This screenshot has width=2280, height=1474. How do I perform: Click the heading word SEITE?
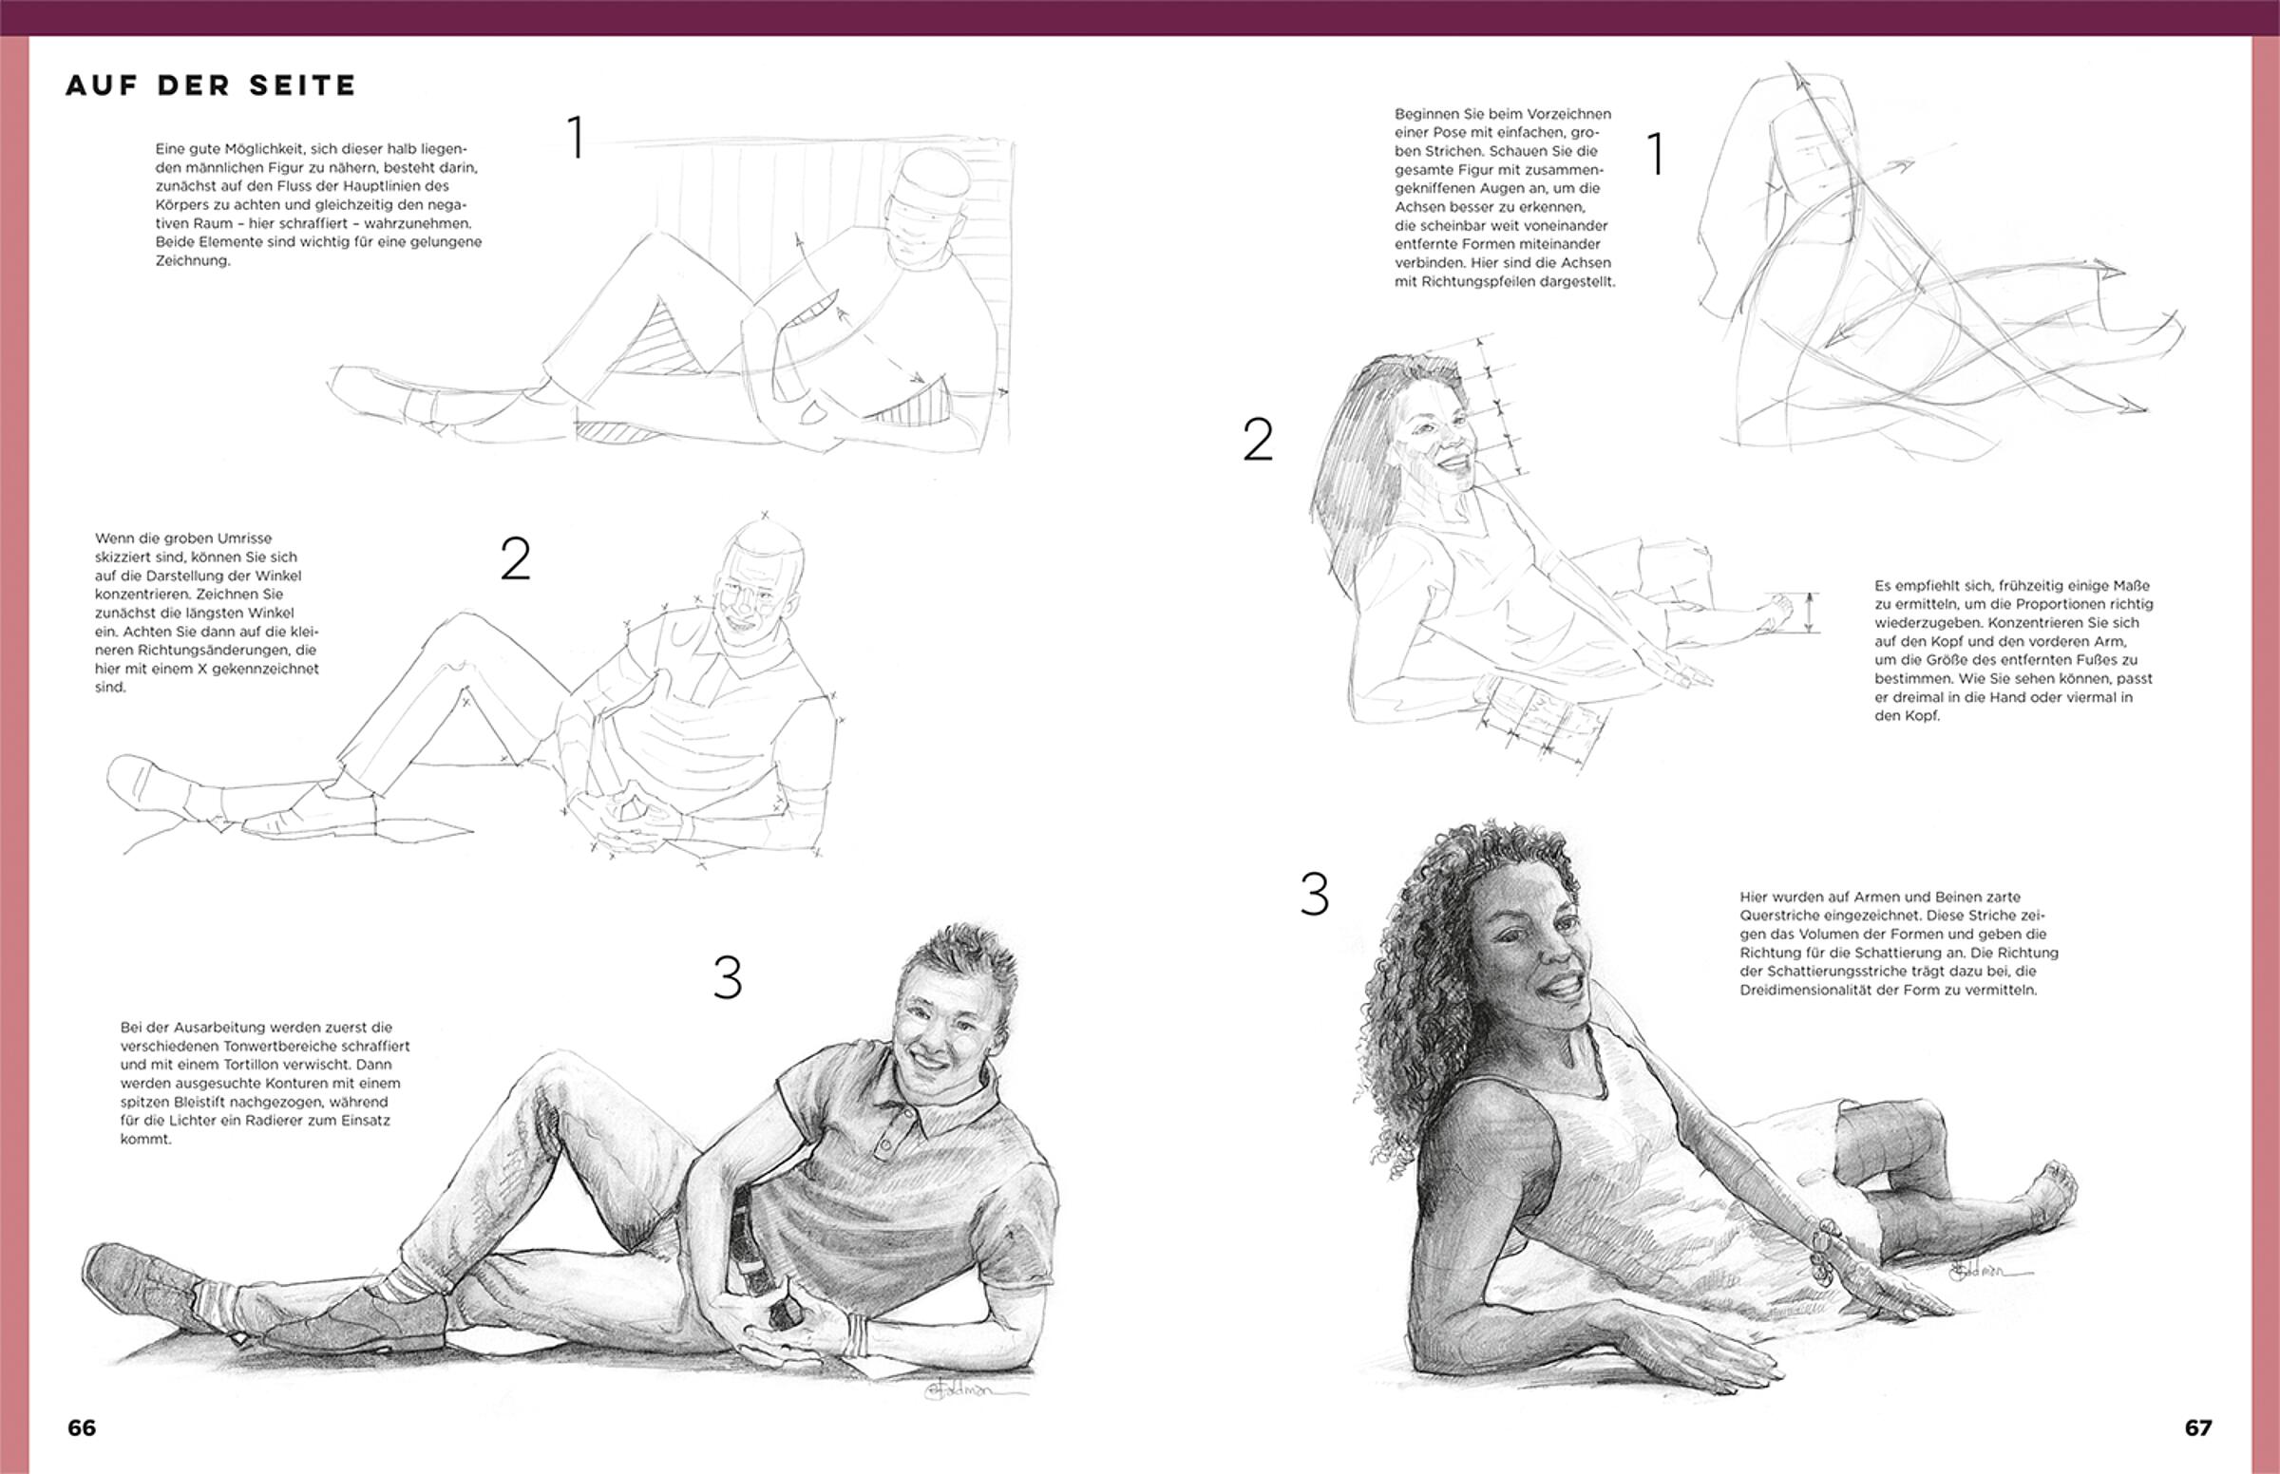[302, 86]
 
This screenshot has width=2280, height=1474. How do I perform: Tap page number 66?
[82, 1427]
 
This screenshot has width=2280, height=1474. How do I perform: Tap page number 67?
[2198, 1427]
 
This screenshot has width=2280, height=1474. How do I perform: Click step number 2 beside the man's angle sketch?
[515, 559]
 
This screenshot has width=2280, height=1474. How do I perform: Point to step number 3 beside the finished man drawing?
[728, 978]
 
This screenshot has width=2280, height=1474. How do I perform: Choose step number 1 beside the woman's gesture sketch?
[1655, 153]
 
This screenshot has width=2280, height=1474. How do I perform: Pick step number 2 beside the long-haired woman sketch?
[1258, 440]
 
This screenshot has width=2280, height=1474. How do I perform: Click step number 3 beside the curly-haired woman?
[1314, 894]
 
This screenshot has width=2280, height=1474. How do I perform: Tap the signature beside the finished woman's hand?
[1977, 1271]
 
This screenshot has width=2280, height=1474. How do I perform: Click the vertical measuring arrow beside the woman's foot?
[1810, 613]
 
